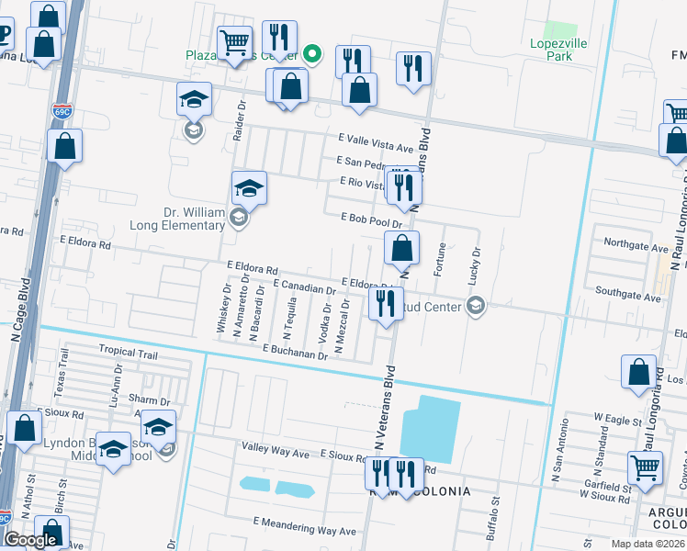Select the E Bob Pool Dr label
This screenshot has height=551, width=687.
pos(371,220)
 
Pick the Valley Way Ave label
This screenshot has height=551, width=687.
pos(276,453)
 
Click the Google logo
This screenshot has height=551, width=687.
pos(30,540)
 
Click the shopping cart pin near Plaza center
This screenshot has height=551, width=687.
pos(234,42)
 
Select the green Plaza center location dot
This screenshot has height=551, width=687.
pos(312,52)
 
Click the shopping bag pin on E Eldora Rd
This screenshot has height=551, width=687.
pos(401,248)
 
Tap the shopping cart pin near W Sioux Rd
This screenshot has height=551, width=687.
pos(646,467)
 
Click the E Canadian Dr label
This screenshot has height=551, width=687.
pos(303,288)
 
